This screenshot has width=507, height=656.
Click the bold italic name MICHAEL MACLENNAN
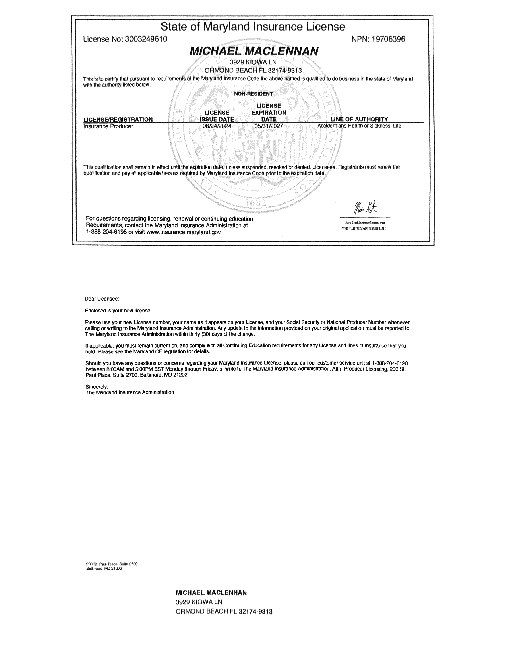click(x=254, y=51)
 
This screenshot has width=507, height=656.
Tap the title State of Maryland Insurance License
click(x=253, y=27)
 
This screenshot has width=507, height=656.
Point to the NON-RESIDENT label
click(x=253, y=94)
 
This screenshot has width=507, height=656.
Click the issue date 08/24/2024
click(x=217, y=126)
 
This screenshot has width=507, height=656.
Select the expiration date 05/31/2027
click(x=269, y=126)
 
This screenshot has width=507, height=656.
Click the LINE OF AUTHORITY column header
click(x=359, y=119)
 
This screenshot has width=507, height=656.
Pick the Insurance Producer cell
click(x=108, y=126)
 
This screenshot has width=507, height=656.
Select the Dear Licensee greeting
click(x=102, y=299)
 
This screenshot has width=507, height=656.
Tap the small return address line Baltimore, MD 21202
click(x=104, y=569)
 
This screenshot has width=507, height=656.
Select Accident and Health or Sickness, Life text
click(x=359, y=126)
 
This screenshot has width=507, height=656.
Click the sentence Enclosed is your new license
click(x=118, y=311)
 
